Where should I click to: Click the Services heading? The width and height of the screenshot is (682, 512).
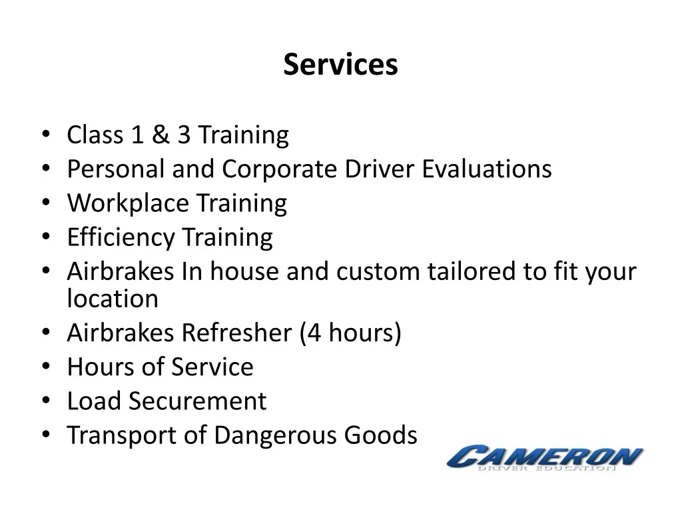pos(340,65)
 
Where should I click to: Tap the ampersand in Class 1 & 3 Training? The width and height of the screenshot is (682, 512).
pos(161,135)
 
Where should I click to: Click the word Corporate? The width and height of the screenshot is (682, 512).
pos(279,170)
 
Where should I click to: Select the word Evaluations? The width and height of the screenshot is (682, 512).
pos(487,169)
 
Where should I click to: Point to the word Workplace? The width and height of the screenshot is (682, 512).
pos(128,204)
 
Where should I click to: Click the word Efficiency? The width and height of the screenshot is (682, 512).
pos(121,238)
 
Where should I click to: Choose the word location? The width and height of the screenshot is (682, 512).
pos(113,299)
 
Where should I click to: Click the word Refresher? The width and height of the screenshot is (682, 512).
pos(236,333)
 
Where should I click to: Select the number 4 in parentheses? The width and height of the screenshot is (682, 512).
pos(314,333)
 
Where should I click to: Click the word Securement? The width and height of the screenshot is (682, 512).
pos(197,401)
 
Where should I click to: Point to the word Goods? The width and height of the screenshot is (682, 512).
pos(380,435)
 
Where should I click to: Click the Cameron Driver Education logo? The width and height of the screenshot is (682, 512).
pos(545,458)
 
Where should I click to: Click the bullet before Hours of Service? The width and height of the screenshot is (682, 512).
pos(46,366)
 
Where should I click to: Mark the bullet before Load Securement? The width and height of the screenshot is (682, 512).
pos(46,400)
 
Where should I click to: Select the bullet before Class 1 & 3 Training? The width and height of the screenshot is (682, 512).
pos(46,133)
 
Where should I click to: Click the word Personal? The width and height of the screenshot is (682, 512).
pos(116,169)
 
